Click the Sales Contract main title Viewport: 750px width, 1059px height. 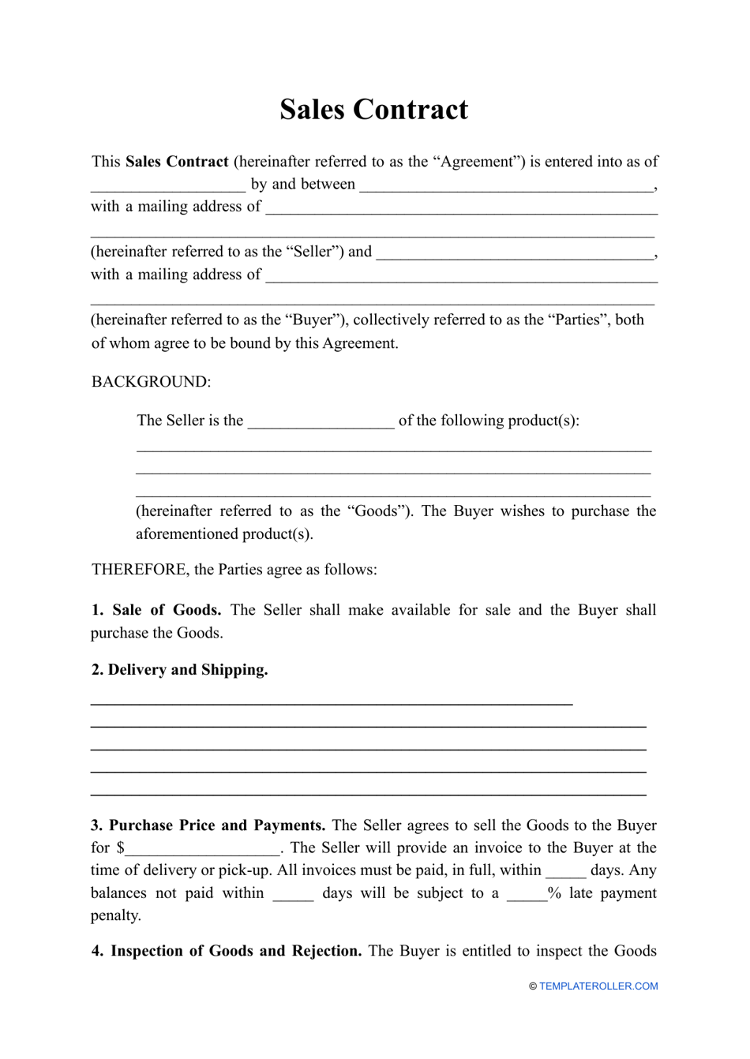(373, 110)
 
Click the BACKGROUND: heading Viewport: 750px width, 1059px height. (151, 382)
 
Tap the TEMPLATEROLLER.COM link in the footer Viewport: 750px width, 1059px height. (598, 986)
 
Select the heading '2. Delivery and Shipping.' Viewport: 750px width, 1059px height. (179, 670)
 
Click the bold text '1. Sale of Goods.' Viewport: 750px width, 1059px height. (156, 610)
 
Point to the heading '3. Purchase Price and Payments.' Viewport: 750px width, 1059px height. (208, 825)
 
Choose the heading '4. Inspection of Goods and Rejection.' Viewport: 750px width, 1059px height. (227, 951)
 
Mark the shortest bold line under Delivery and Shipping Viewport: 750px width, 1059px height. (332, 702)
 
